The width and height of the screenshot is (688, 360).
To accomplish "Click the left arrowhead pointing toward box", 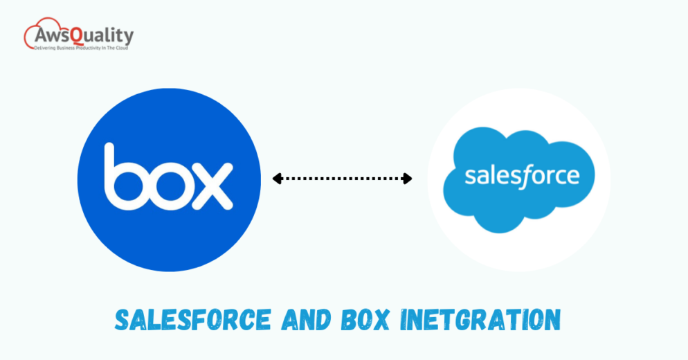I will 277,179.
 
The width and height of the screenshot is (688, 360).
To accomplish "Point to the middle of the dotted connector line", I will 342,179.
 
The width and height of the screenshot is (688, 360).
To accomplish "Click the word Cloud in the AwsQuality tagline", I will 120,48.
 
